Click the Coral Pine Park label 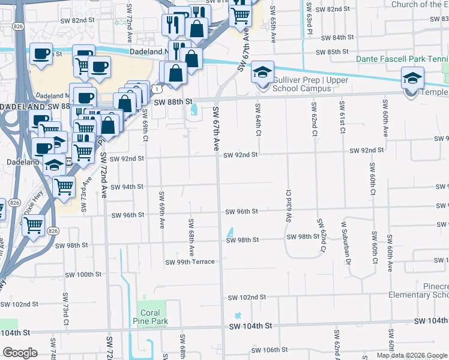tap(150, 317)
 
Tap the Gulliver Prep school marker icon tap(262, 73)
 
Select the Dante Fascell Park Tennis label tap(402, 59)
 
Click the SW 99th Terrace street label tap(190, 262)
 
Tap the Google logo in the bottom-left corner tap(20, 353)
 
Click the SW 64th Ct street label tap(258, 119)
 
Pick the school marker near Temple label tap(413, 79)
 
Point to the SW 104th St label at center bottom tap(251, 325)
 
